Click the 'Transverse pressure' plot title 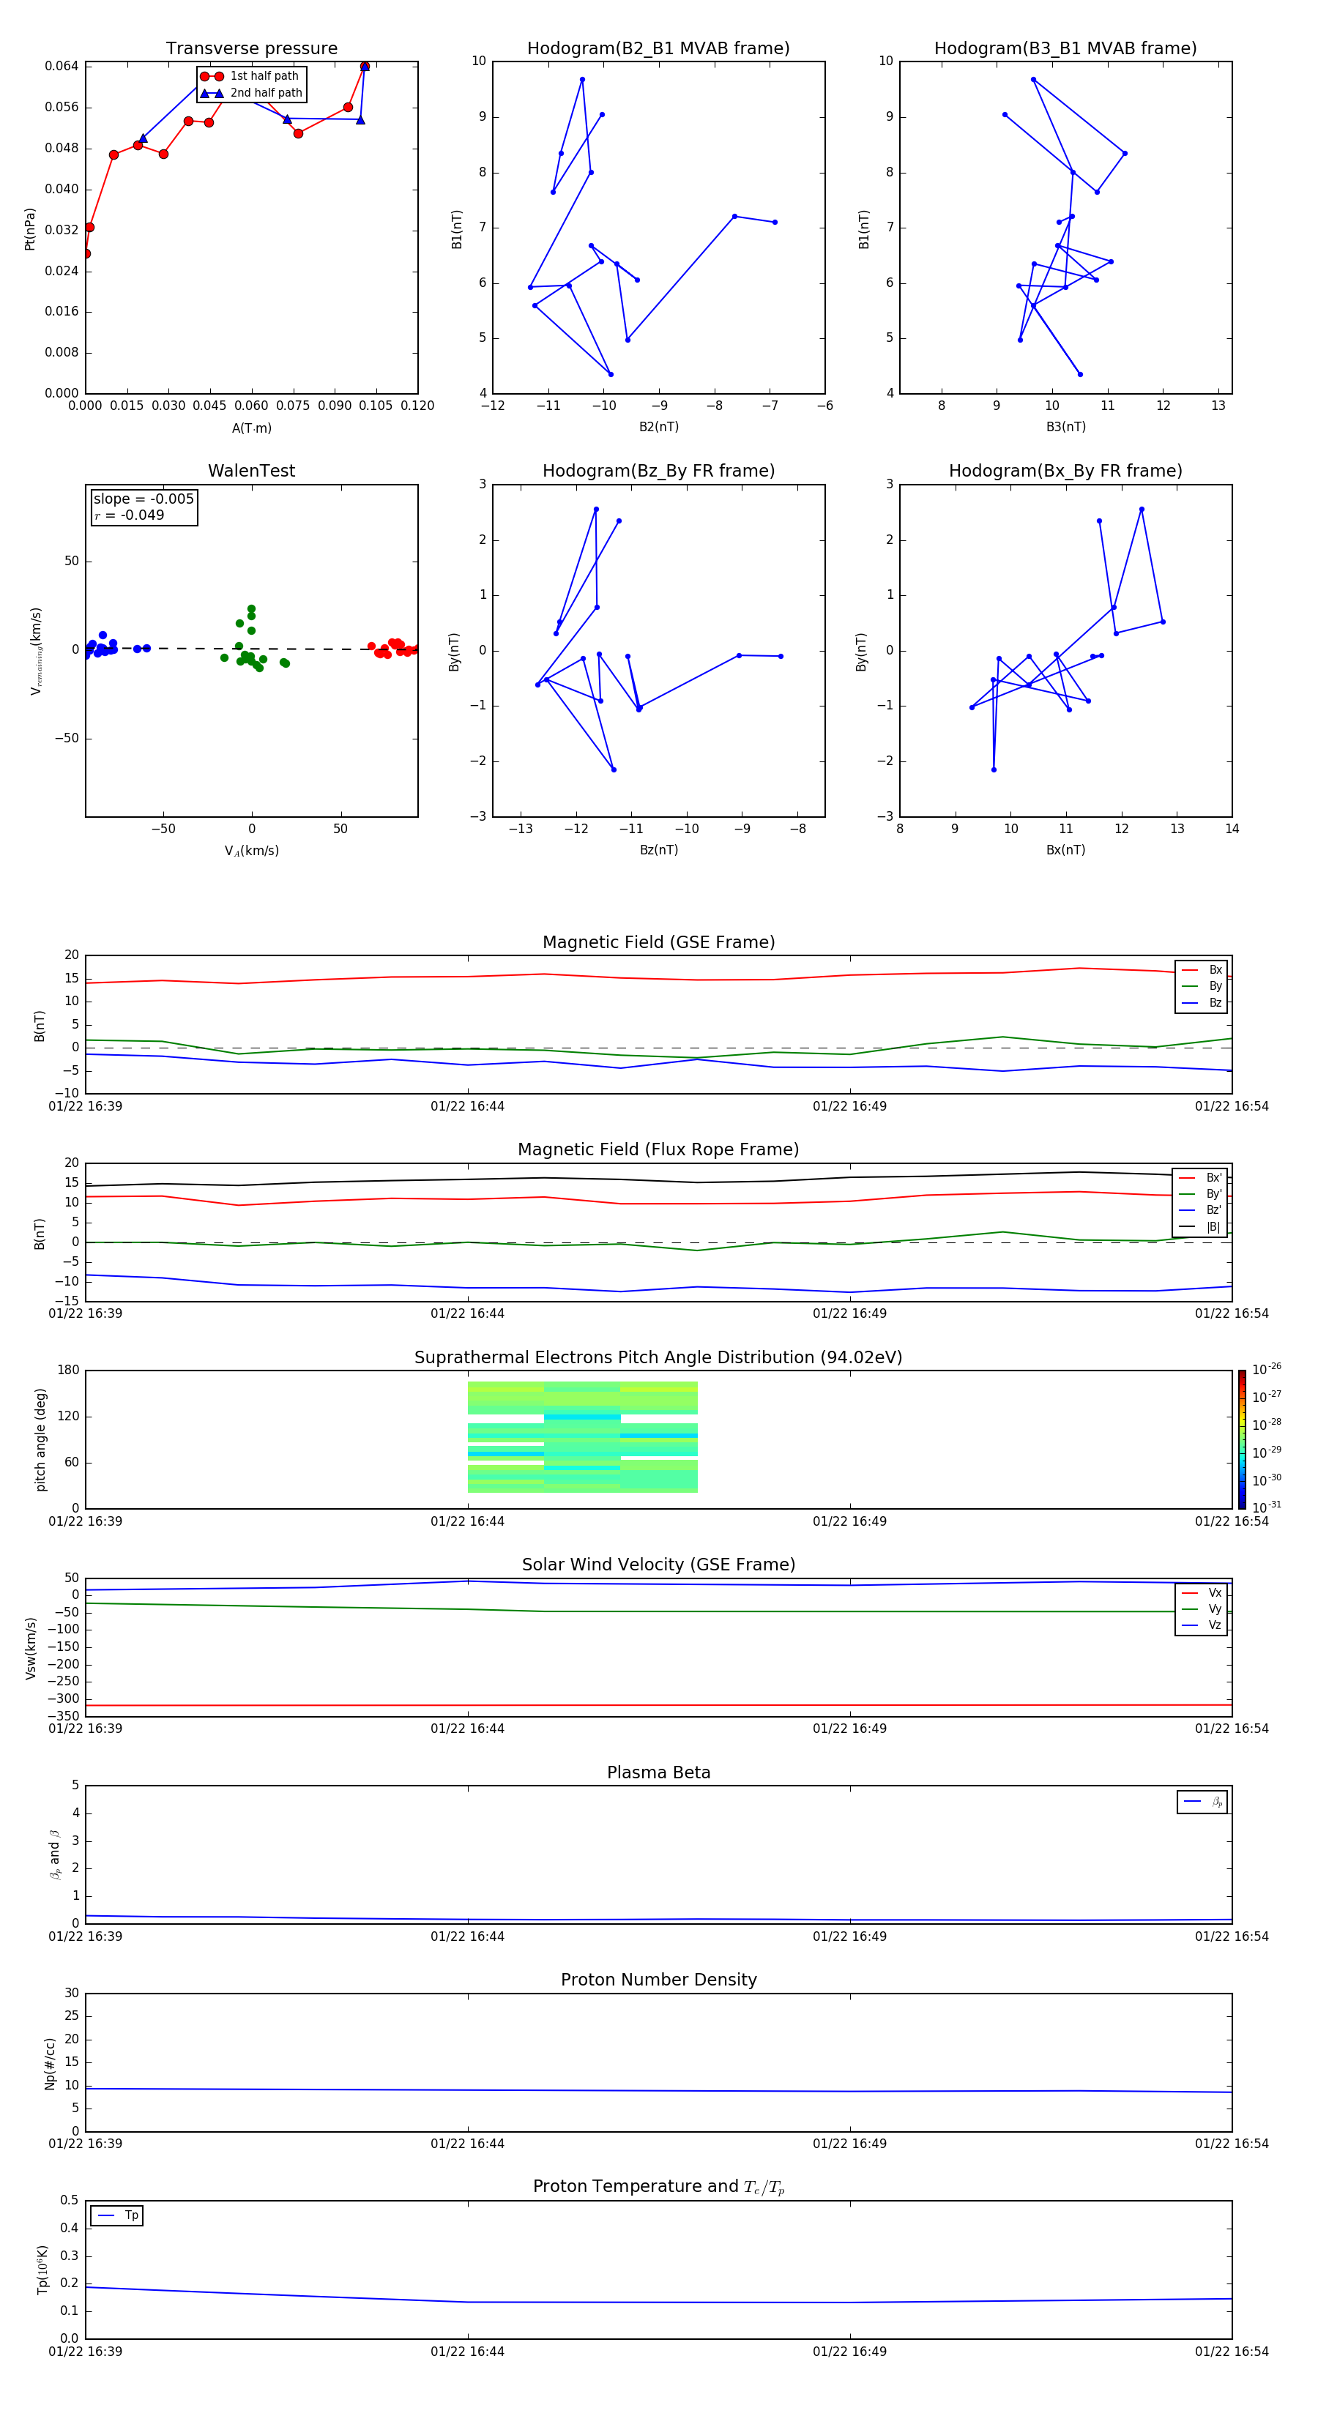(251, 49)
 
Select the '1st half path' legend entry (264, 76)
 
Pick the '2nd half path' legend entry (266, 93)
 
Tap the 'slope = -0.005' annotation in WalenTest (144, 499)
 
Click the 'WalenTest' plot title (251, 471)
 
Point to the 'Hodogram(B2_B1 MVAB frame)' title (658, 49)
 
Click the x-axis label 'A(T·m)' (251, 428)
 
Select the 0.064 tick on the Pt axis (62, 66)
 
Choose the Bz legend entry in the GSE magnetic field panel (1215, 1002)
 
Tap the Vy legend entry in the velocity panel (1214, 1608)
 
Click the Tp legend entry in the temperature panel (131, 2215)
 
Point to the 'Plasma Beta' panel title (658, 1772)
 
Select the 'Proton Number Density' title (658, 1980)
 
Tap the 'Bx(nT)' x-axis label (1065, 850)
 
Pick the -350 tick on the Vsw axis (64, 1716)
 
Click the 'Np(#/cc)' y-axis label (50, 2063)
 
